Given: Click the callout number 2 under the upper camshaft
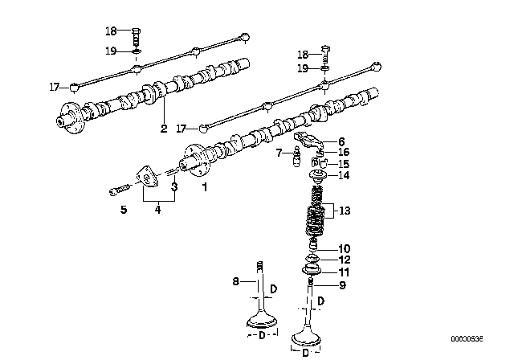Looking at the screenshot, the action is (x=164, y=129).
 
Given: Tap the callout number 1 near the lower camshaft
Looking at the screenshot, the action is (x=205, y=187).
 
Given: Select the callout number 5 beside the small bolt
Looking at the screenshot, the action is (x=123, y=209).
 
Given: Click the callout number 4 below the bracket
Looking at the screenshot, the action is (x=157, y=209).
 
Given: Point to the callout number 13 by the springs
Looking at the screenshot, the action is (x=345, y=211).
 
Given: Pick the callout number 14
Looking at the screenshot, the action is (x=344, y=175).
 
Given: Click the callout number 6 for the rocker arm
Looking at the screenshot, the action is (x=341, y=141).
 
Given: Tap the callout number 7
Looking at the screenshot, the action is (x=279, y=153).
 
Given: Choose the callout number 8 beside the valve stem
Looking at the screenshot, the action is (x=235, y=281).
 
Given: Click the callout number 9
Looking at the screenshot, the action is (x=342, y=285).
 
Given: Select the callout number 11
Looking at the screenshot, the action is (x=344, y=272).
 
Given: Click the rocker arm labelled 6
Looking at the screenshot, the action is (x=309, y=139).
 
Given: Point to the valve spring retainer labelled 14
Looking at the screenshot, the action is (x=318, y=177).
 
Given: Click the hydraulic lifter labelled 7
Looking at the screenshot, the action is (x=297, y=158).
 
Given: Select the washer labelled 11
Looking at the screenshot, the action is (x=312, y=271).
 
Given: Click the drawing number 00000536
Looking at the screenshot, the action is (x=467, y=338).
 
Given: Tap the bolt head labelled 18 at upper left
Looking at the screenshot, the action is (x=137, y=31).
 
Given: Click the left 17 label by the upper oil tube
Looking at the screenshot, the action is (x=55, y=88).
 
